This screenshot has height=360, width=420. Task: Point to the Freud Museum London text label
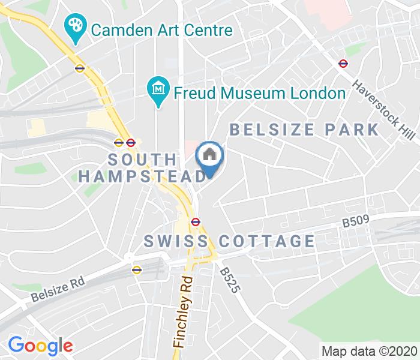tap(259, 93)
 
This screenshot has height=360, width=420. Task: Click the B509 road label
tap(354, 221)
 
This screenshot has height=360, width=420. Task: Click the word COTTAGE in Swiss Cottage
tap(266, 241)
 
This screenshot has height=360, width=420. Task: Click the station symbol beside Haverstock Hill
tap(343, 63)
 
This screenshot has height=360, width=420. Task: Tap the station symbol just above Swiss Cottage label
tap(195, 221)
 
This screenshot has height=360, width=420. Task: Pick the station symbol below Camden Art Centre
tap(80, 68)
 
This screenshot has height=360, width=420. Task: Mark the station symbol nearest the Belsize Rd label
tap(137, 269)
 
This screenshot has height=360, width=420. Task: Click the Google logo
tap(40, 345)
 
